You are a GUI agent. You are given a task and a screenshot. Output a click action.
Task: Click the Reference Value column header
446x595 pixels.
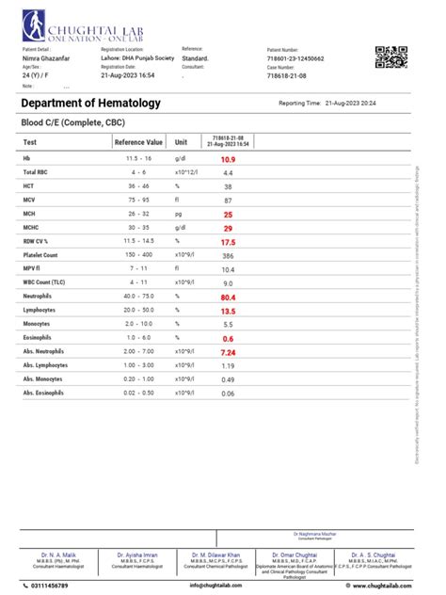pos(138,142)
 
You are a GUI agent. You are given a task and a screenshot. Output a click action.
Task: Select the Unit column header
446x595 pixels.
pos(182,142)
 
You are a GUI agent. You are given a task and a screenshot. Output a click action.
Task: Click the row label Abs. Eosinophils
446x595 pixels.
pos(44,392)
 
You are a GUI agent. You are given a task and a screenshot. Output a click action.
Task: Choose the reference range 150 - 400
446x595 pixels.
pos(138,256)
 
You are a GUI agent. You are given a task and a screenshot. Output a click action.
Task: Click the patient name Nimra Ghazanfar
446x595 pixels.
pos(44,58)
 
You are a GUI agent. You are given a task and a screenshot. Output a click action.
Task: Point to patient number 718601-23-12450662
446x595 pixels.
pos(295,58)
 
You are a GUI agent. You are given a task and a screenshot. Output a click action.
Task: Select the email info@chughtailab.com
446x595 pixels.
pos(221,586)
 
